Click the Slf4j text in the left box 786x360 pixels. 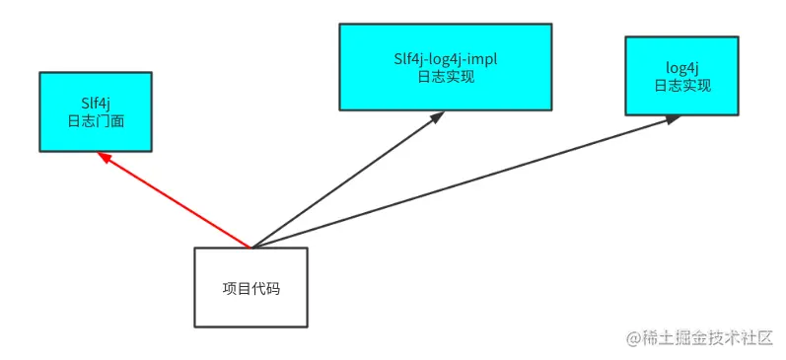click(x=96, y=102)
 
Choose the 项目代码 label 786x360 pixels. click(x=251, y=288)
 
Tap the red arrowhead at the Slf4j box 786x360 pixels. click(x=106, y=158)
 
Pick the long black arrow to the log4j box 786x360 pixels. click(x=464, y=182)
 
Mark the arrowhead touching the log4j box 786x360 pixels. click(x=673, y=118)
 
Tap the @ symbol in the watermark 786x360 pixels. click(x=633, y=336)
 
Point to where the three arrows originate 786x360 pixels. click(x=252, y=247)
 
